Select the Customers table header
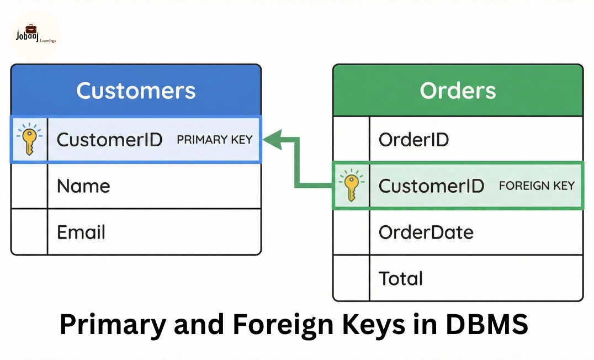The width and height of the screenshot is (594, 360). [136, 91]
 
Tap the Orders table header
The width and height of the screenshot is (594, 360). [458, 91]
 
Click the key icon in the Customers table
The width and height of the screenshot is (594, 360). [29, 140]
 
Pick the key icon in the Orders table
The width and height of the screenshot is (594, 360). [351, 186]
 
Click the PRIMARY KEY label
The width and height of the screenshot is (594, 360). [214, 140]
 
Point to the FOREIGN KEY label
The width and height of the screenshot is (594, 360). [537, 186]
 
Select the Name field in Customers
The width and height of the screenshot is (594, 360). [83, 186]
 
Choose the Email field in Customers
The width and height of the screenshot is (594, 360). [81, 232]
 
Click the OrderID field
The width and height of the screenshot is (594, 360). [413, 140]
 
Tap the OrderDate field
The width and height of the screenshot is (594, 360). [426, 232]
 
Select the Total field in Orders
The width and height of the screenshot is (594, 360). [400, 278]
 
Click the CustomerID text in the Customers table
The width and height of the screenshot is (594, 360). [109, 140]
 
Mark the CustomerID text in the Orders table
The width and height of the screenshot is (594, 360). [431, 186]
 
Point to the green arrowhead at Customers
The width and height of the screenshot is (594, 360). [271, 140]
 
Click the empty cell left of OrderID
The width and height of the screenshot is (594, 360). [351, 140]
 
